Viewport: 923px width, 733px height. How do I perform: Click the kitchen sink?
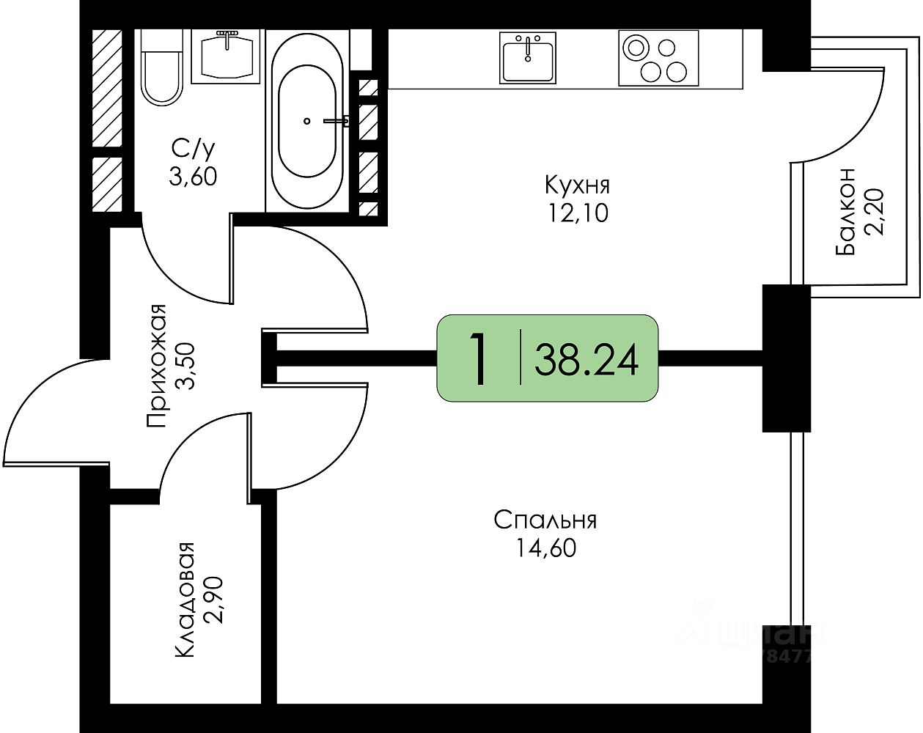(x=528, y=57)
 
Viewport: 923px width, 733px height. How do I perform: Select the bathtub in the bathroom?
(x=307, y=122)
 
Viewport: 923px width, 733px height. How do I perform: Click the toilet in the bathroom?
(x=161, y=70)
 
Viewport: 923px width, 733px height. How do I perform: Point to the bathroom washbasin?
(x=227, y=56)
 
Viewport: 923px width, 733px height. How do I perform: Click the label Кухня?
(x=577, y=184)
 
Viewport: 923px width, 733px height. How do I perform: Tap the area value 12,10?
(x=577, y=213)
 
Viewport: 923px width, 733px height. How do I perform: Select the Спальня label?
(x=545, y=520)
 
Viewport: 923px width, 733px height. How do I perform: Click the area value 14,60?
(x=545, y=548)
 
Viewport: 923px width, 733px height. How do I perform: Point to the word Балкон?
(x=845, y=211)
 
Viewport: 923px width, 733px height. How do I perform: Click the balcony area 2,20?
(x=875, y=211)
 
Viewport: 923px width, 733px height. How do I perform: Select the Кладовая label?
(x=184, y=600)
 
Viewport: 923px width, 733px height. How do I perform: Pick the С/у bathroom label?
(x=193, y=149)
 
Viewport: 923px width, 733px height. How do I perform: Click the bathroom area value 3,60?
(x=193, y=176)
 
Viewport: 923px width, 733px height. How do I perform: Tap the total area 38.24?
(x=586, y=359)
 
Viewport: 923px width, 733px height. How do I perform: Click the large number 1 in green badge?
(x=479, y=358)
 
